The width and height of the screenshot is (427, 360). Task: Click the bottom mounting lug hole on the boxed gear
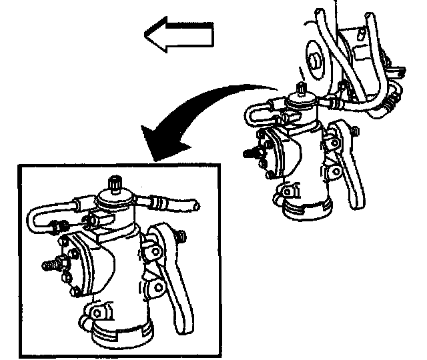click(x=98, y=312)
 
